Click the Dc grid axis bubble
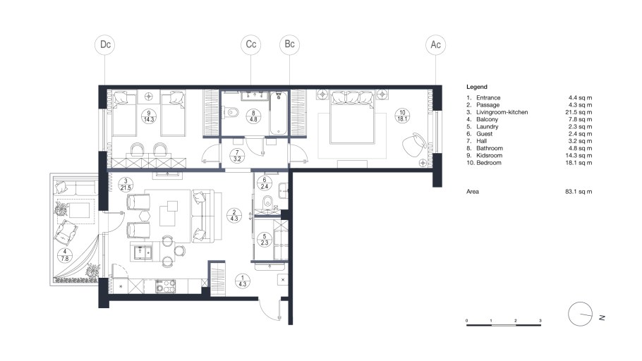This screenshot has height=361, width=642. pos(105,44)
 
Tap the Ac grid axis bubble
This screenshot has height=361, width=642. pos(435,44)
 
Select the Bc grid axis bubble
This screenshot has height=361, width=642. pos(289,44)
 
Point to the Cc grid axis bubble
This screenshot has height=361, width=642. pos(251,44)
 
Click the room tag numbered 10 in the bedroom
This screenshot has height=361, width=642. pos(402,116)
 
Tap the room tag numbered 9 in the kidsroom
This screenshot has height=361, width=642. pos(149,116)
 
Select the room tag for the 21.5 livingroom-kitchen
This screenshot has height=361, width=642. pos(126,184)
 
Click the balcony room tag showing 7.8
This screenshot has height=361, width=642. pos(65,255)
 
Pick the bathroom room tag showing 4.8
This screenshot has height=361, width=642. pos(253,116)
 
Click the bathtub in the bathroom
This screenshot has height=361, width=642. pos(279,113)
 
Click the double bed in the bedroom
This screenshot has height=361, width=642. pos(353,117)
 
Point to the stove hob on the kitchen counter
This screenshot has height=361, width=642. pos(165,286)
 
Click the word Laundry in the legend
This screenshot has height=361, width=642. pos(487,126)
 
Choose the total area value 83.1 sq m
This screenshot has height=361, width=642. pos(579,191)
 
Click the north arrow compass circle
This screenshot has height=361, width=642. pos(580,314)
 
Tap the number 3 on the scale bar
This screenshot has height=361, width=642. pos(540,321)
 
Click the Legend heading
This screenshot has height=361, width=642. pos(477,87)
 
